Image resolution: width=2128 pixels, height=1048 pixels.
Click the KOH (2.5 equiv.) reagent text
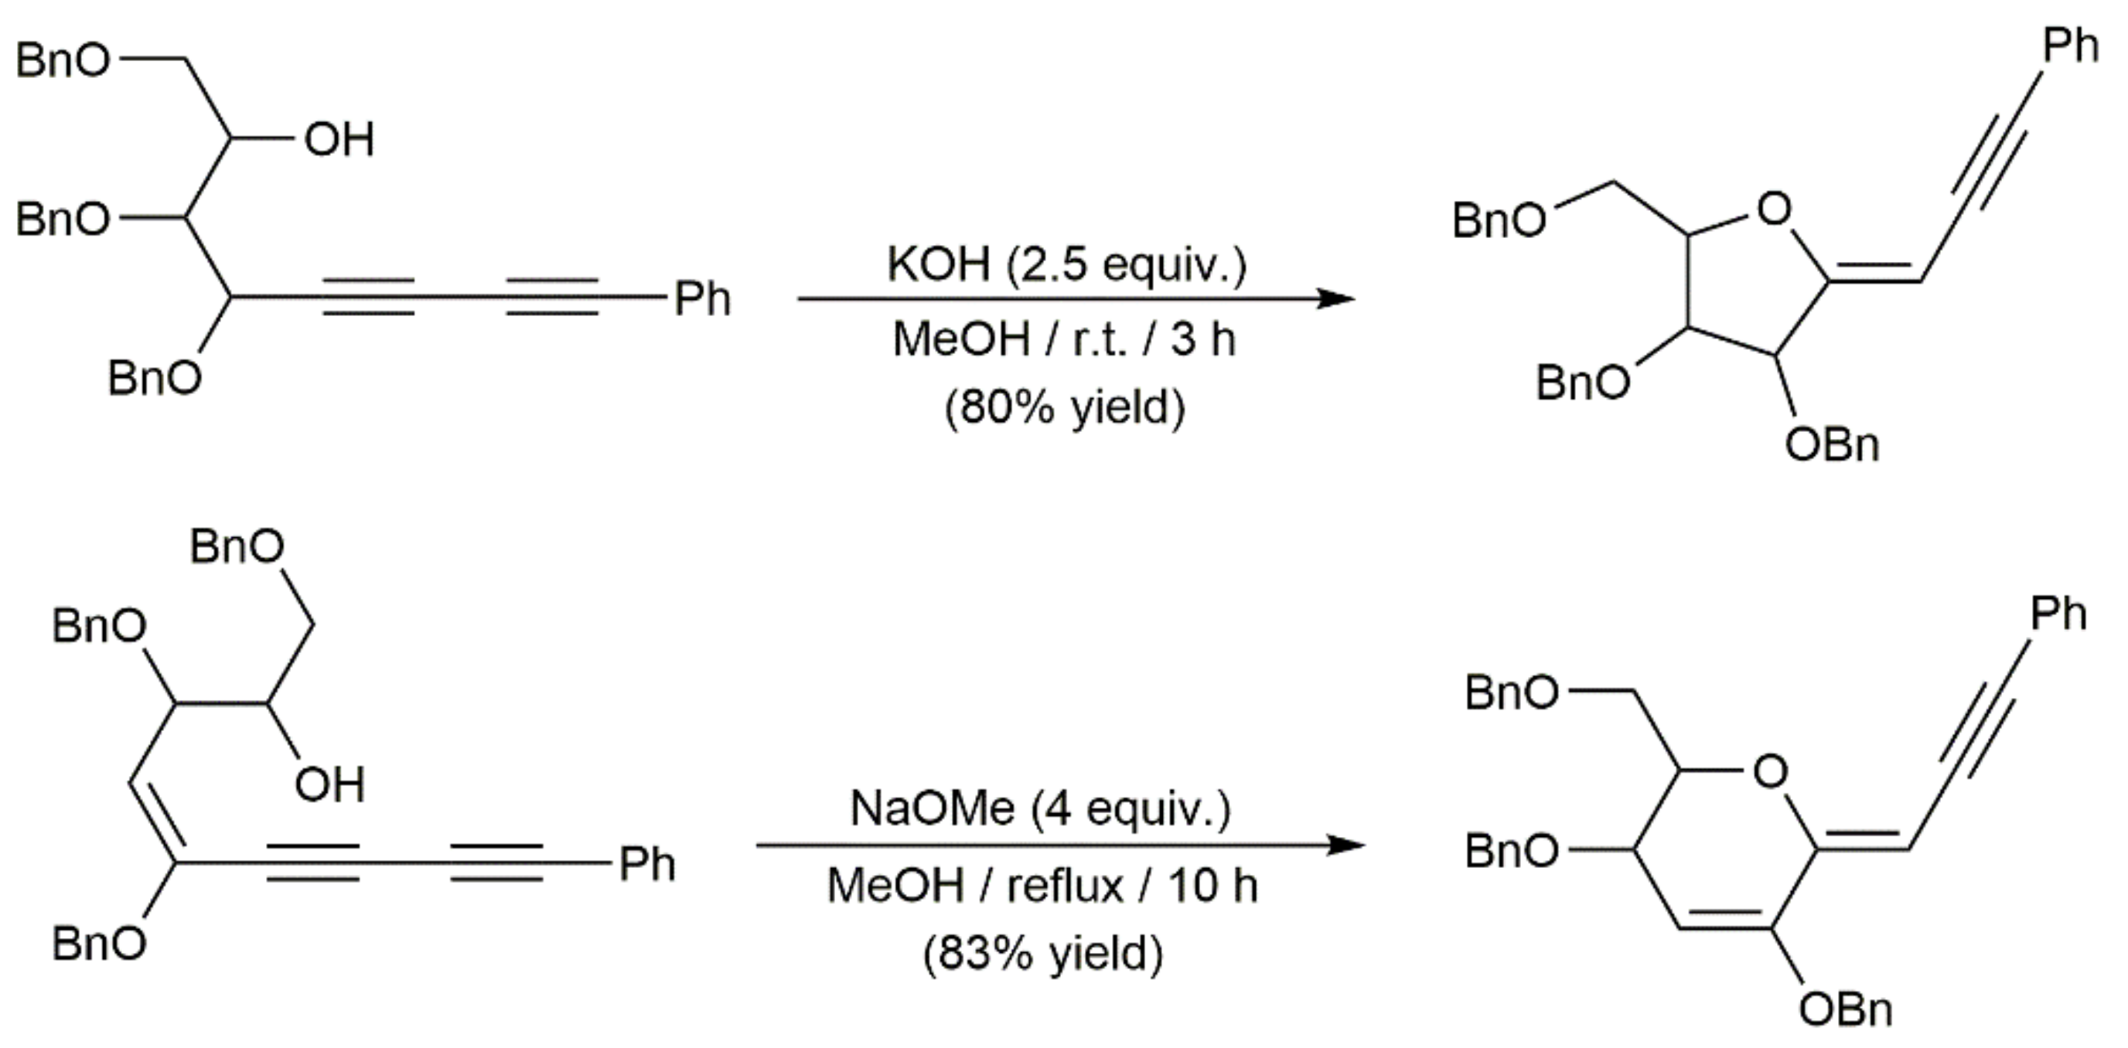tap(1066, 264)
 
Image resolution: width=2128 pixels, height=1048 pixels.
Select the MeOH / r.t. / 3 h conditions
tap(1064, 339)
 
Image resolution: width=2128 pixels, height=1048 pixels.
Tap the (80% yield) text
tap(1064, 407)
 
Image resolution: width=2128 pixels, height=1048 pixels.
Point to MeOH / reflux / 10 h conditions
tap(1042, 885)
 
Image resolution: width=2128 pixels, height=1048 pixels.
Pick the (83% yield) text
tap(1042, 954)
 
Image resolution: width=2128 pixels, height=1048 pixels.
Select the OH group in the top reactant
tap(339, 139)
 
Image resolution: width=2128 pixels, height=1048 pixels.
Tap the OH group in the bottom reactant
tap(329, 784)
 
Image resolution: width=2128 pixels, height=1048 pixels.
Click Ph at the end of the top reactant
tap(702, 298)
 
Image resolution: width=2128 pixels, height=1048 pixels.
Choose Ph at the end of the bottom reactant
tap(646, 865)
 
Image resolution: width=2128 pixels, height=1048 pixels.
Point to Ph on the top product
tap(2069, 45)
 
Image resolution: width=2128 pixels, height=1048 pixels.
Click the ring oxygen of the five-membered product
tap(1774, 209)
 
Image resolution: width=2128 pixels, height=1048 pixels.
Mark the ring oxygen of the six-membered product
tap(1769, 772)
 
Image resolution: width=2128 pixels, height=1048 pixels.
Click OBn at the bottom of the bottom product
tap(1845, 1009)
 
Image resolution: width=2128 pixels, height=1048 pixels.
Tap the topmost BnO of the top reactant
tap(63, 60)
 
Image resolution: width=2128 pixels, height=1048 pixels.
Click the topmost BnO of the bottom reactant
tap(237, 546)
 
